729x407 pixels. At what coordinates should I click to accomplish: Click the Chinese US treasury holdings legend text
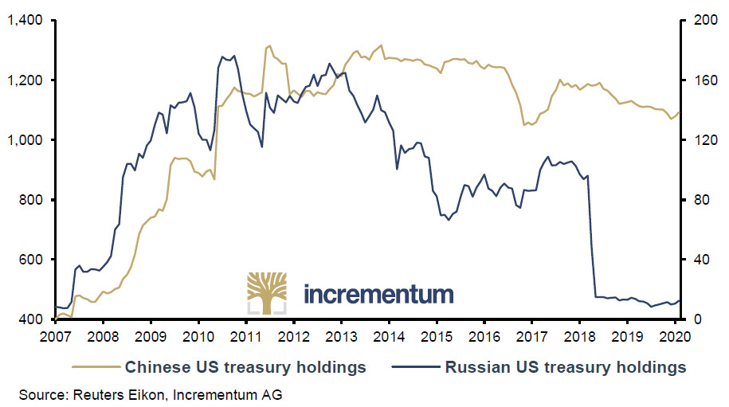(x=245, y=367)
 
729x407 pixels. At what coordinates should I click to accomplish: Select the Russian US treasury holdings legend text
(x=565, y=367)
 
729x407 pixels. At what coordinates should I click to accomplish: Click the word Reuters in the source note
(x=95, y=393)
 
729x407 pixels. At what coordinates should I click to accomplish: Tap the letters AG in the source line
(x=272, y=393)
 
